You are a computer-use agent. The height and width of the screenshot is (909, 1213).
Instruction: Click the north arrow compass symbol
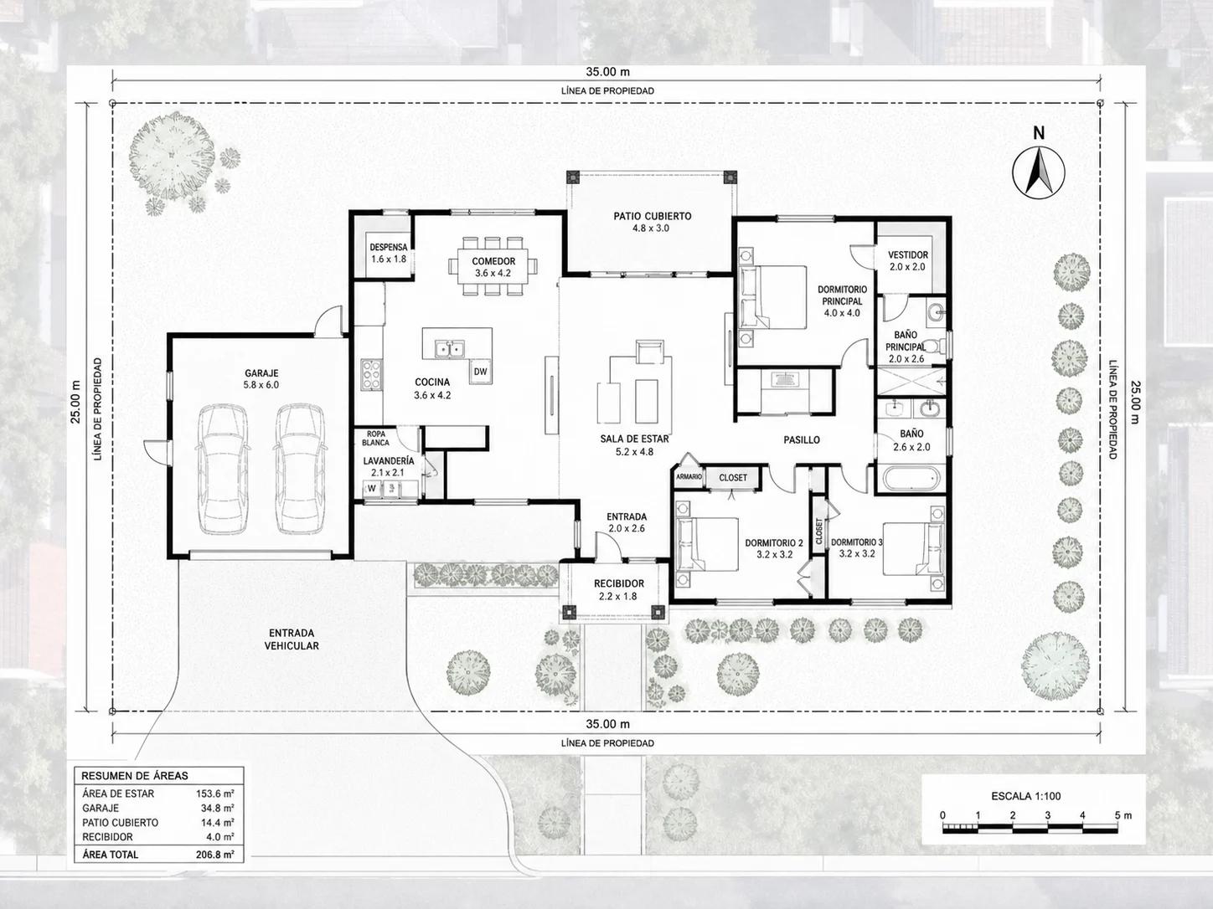coord(1039,172)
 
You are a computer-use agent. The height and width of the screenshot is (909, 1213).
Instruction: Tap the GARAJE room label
coord(261,373)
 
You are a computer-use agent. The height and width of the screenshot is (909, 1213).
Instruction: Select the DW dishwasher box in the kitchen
coord(481,372)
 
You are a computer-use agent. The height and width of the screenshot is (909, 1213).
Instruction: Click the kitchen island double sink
coord(449,349)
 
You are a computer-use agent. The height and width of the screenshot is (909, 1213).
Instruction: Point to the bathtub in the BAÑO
coord(910,478)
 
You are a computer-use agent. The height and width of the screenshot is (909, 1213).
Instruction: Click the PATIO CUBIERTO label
coord(652,216)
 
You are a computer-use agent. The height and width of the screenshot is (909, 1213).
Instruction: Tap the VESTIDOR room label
coord(908,255)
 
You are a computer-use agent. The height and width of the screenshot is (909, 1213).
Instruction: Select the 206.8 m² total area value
coord(215,855)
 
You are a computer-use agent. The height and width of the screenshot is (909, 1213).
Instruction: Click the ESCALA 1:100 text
coord(1025,796)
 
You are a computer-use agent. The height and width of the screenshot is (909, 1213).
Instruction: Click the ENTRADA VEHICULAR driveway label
coord(292,639)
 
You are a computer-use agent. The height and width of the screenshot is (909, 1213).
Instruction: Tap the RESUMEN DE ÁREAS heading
coord(135,776)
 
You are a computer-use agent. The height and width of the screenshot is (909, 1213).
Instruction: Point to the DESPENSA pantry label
coord(389,247)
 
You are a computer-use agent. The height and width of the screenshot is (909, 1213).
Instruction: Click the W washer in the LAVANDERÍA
coord(372,489)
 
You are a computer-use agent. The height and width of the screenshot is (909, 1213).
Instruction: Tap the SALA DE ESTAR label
coord(634,439)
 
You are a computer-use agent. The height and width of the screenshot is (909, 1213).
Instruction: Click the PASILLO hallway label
coord(802,440)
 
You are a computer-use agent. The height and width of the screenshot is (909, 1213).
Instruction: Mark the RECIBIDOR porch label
coord(619,583)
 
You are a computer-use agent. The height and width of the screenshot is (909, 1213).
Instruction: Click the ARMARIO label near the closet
coord(689,476)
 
